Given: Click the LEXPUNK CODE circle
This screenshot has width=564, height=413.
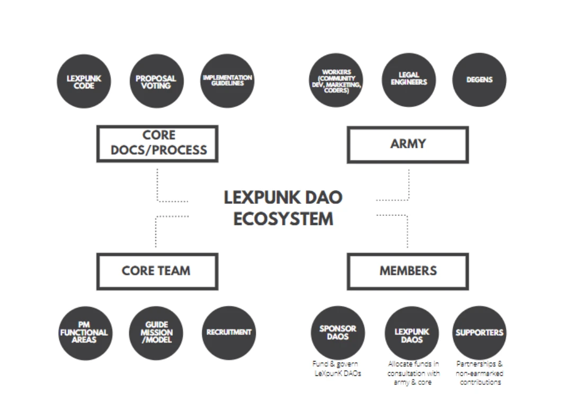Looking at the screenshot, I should coord(84,81).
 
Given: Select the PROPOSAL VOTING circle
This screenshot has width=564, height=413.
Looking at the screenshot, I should coord(156,81).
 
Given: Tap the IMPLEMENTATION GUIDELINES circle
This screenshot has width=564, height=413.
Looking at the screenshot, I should coord(227,81).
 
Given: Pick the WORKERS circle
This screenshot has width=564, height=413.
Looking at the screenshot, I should coord(336,81).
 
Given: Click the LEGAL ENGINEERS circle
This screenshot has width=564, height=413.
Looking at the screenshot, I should coord(408,80).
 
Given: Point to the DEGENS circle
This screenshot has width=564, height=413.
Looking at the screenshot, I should coord(479,80).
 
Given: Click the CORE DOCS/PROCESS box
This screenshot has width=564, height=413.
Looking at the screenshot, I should coord(158,143).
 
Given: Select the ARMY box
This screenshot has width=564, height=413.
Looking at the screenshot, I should coord(408,144).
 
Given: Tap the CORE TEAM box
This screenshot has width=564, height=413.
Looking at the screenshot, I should coord(157,271).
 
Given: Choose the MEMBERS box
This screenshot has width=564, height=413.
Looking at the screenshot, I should coord(408,271).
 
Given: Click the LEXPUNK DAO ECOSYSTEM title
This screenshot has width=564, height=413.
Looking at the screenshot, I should coord(283,208).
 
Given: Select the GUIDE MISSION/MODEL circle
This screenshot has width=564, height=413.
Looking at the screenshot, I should coord(156,333).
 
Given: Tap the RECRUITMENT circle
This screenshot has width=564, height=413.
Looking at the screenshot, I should coord(228,333).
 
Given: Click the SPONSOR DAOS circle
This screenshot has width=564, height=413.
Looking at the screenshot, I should coord(337,332).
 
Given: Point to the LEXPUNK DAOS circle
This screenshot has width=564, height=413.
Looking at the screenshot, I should coord(411,333).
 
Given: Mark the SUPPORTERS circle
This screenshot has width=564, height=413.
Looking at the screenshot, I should coord(479,333).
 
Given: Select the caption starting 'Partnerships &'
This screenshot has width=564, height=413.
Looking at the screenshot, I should coord(479,373).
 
